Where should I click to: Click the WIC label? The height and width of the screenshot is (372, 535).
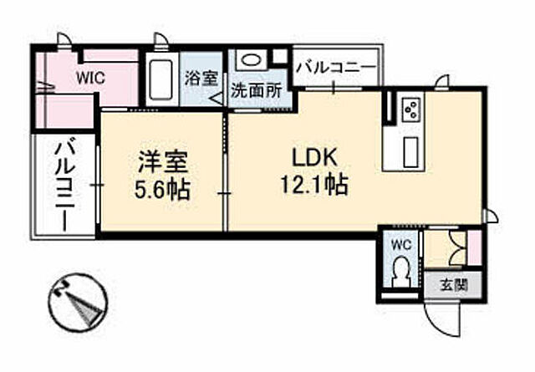92,78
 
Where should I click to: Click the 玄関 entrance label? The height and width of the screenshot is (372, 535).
454,283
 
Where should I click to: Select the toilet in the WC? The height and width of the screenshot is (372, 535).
401,272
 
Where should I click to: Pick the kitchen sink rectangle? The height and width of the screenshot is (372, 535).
411,151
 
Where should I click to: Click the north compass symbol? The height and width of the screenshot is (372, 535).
78,304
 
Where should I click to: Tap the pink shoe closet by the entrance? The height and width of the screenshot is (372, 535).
474,247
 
